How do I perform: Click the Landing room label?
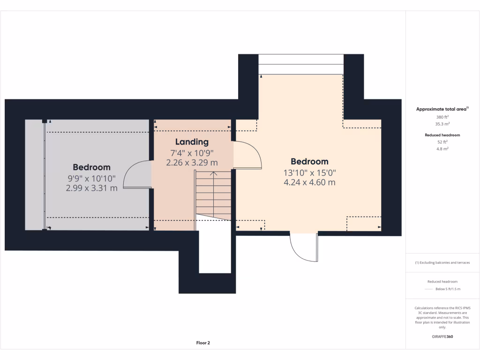click(192, 142)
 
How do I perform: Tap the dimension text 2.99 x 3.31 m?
click(92, 188)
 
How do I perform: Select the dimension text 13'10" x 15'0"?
click(309, 172)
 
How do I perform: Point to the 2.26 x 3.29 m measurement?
click(192, 163)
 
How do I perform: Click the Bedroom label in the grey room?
click(92, 167)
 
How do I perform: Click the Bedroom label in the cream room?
click(309, 162)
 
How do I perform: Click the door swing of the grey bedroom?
click(137, 174)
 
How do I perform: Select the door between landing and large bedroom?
click(247, 155)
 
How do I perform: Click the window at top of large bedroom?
click(301, 64)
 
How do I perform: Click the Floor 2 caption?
click(203, 343)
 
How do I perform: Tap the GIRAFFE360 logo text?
click(442, 337)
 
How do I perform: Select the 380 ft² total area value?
click(442, 117)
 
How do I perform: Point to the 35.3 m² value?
click(442, 124)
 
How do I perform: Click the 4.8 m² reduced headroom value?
click(442, 149)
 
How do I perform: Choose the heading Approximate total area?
click(442, 109)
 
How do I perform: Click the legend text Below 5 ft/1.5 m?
click(448, 289)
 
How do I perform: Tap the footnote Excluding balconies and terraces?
click(442, 262)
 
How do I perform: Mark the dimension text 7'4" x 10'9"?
click(192, 153)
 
